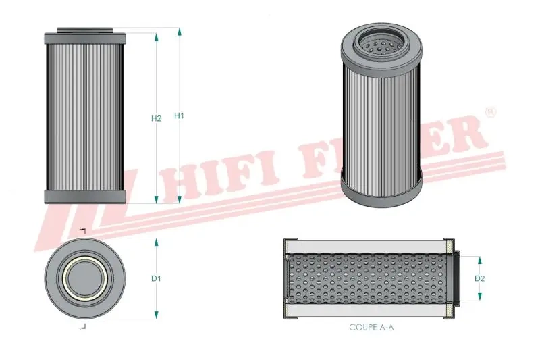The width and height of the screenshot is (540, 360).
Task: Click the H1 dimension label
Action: [x=179, y=115]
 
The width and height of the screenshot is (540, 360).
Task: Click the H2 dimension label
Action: [x=156, y=118]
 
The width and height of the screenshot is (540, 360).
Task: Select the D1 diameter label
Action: [x=156, y=278]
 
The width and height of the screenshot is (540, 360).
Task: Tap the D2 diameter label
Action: [x=480, y=278]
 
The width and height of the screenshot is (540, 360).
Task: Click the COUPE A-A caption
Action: [x=372, y=328]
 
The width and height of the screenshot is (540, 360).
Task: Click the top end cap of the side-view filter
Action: [x=84, y=36]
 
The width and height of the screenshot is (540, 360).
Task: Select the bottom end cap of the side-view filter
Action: [x=84, y=197]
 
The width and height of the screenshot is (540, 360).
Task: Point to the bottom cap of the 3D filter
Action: [x=381, y=191]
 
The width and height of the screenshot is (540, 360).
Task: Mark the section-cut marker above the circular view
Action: [x=83, y=232]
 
